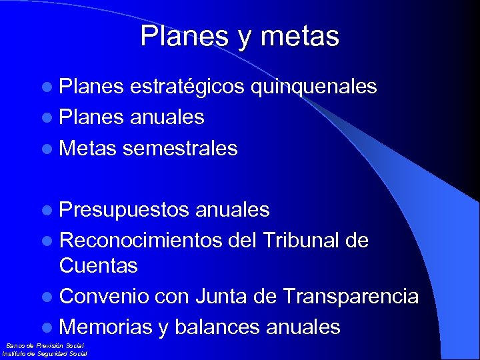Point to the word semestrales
coord(180,148)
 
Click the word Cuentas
coord(98,266)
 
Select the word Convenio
coord(103,297)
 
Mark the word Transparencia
coord(351,297)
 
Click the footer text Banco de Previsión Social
coord(45,346)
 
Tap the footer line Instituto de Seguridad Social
coord(45,354)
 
